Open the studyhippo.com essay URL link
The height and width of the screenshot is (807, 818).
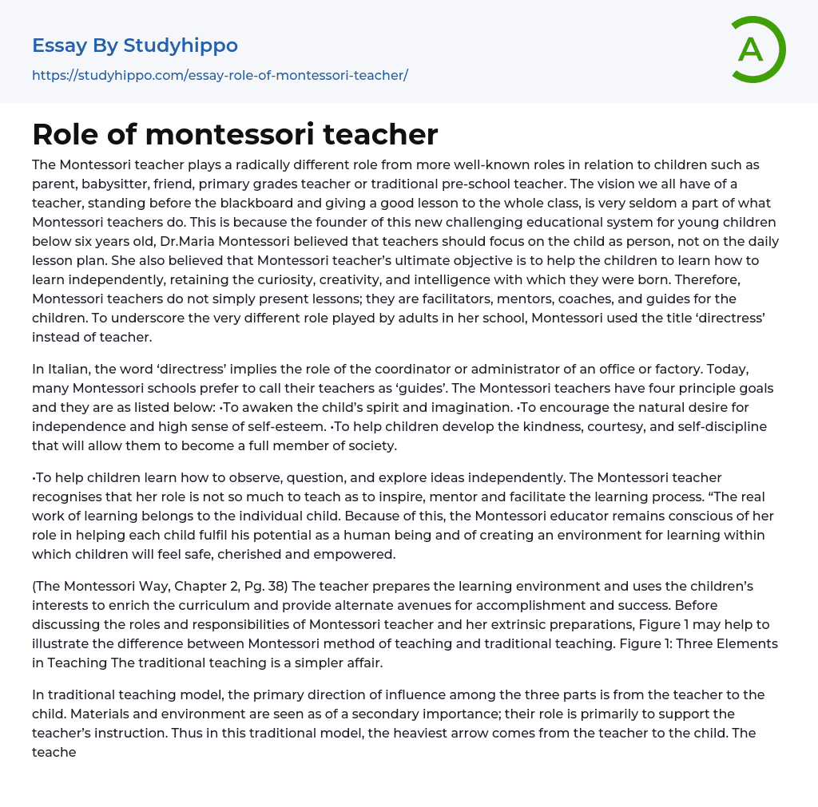pos(220,75)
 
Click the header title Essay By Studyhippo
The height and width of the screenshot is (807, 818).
pos(135,45)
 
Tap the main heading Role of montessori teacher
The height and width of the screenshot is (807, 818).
pos(235,134)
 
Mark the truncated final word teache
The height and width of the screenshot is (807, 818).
pos(54,752)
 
